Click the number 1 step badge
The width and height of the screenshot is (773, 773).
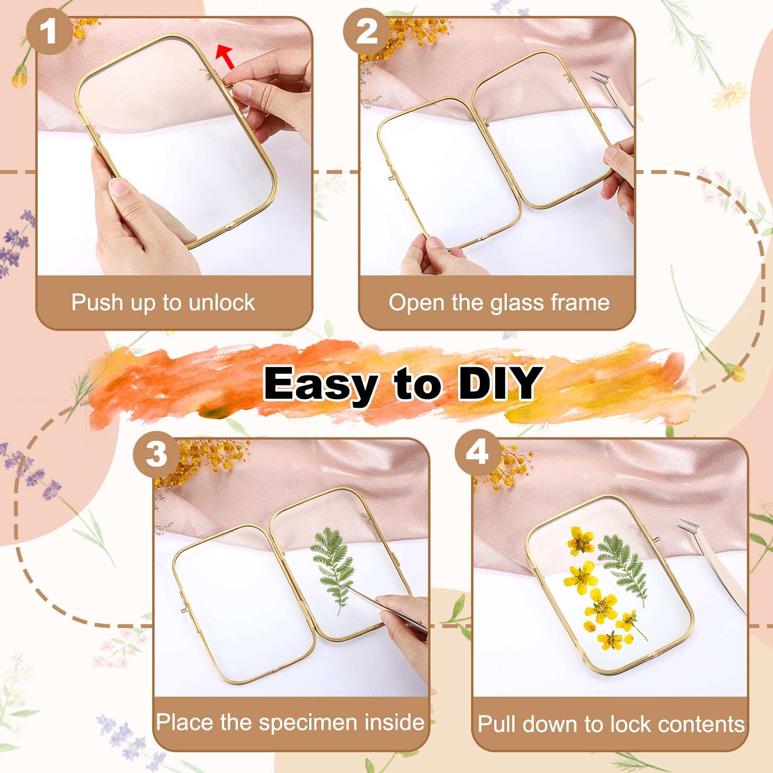point(49,32)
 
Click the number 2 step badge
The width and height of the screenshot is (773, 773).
point(366,32)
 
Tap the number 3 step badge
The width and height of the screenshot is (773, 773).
point(156,454)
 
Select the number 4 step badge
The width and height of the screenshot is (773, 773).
point(477,453)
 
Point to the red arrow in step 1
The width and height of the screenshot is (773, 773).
point(225,57)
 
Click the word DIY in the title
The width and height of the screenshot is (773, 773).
point(499,383)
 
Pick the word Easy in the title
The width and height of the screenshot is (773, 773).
point(320,385)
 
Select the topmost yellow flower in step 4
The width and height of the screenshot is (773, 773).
point(580,541)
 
